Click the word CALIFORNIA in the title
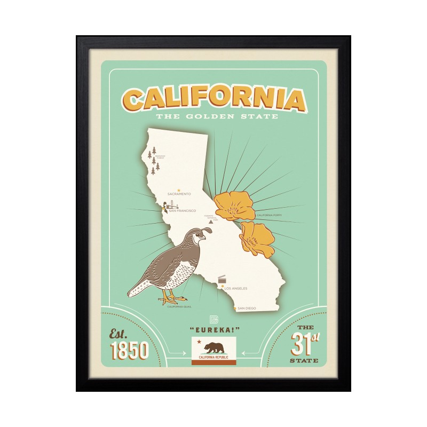click(x=213, y=99)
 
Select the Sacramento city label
click(x=179, y=194)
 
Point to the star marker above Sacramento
click(x=179, y=189)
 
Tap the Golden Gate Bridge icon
click(x=172, y=204)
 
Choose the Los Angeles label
click(x=236, y=288)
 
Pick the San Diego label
click(x=247, y=309)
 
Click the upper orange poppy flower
click(x=233, y=205)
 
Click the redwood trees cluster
click(x=154, y=160)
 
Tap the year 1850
click(x=129, y=351)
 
